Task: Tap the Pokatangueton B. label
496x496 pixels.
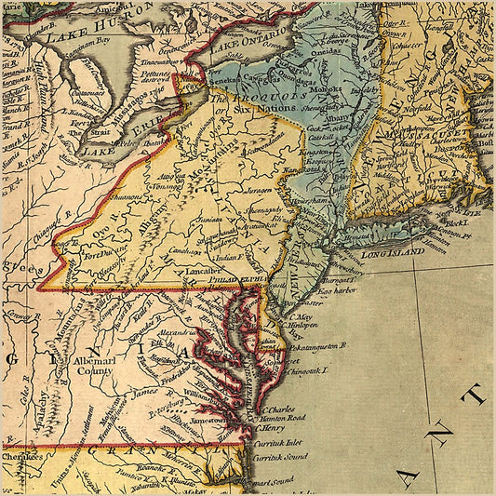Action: click(312, 345)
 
